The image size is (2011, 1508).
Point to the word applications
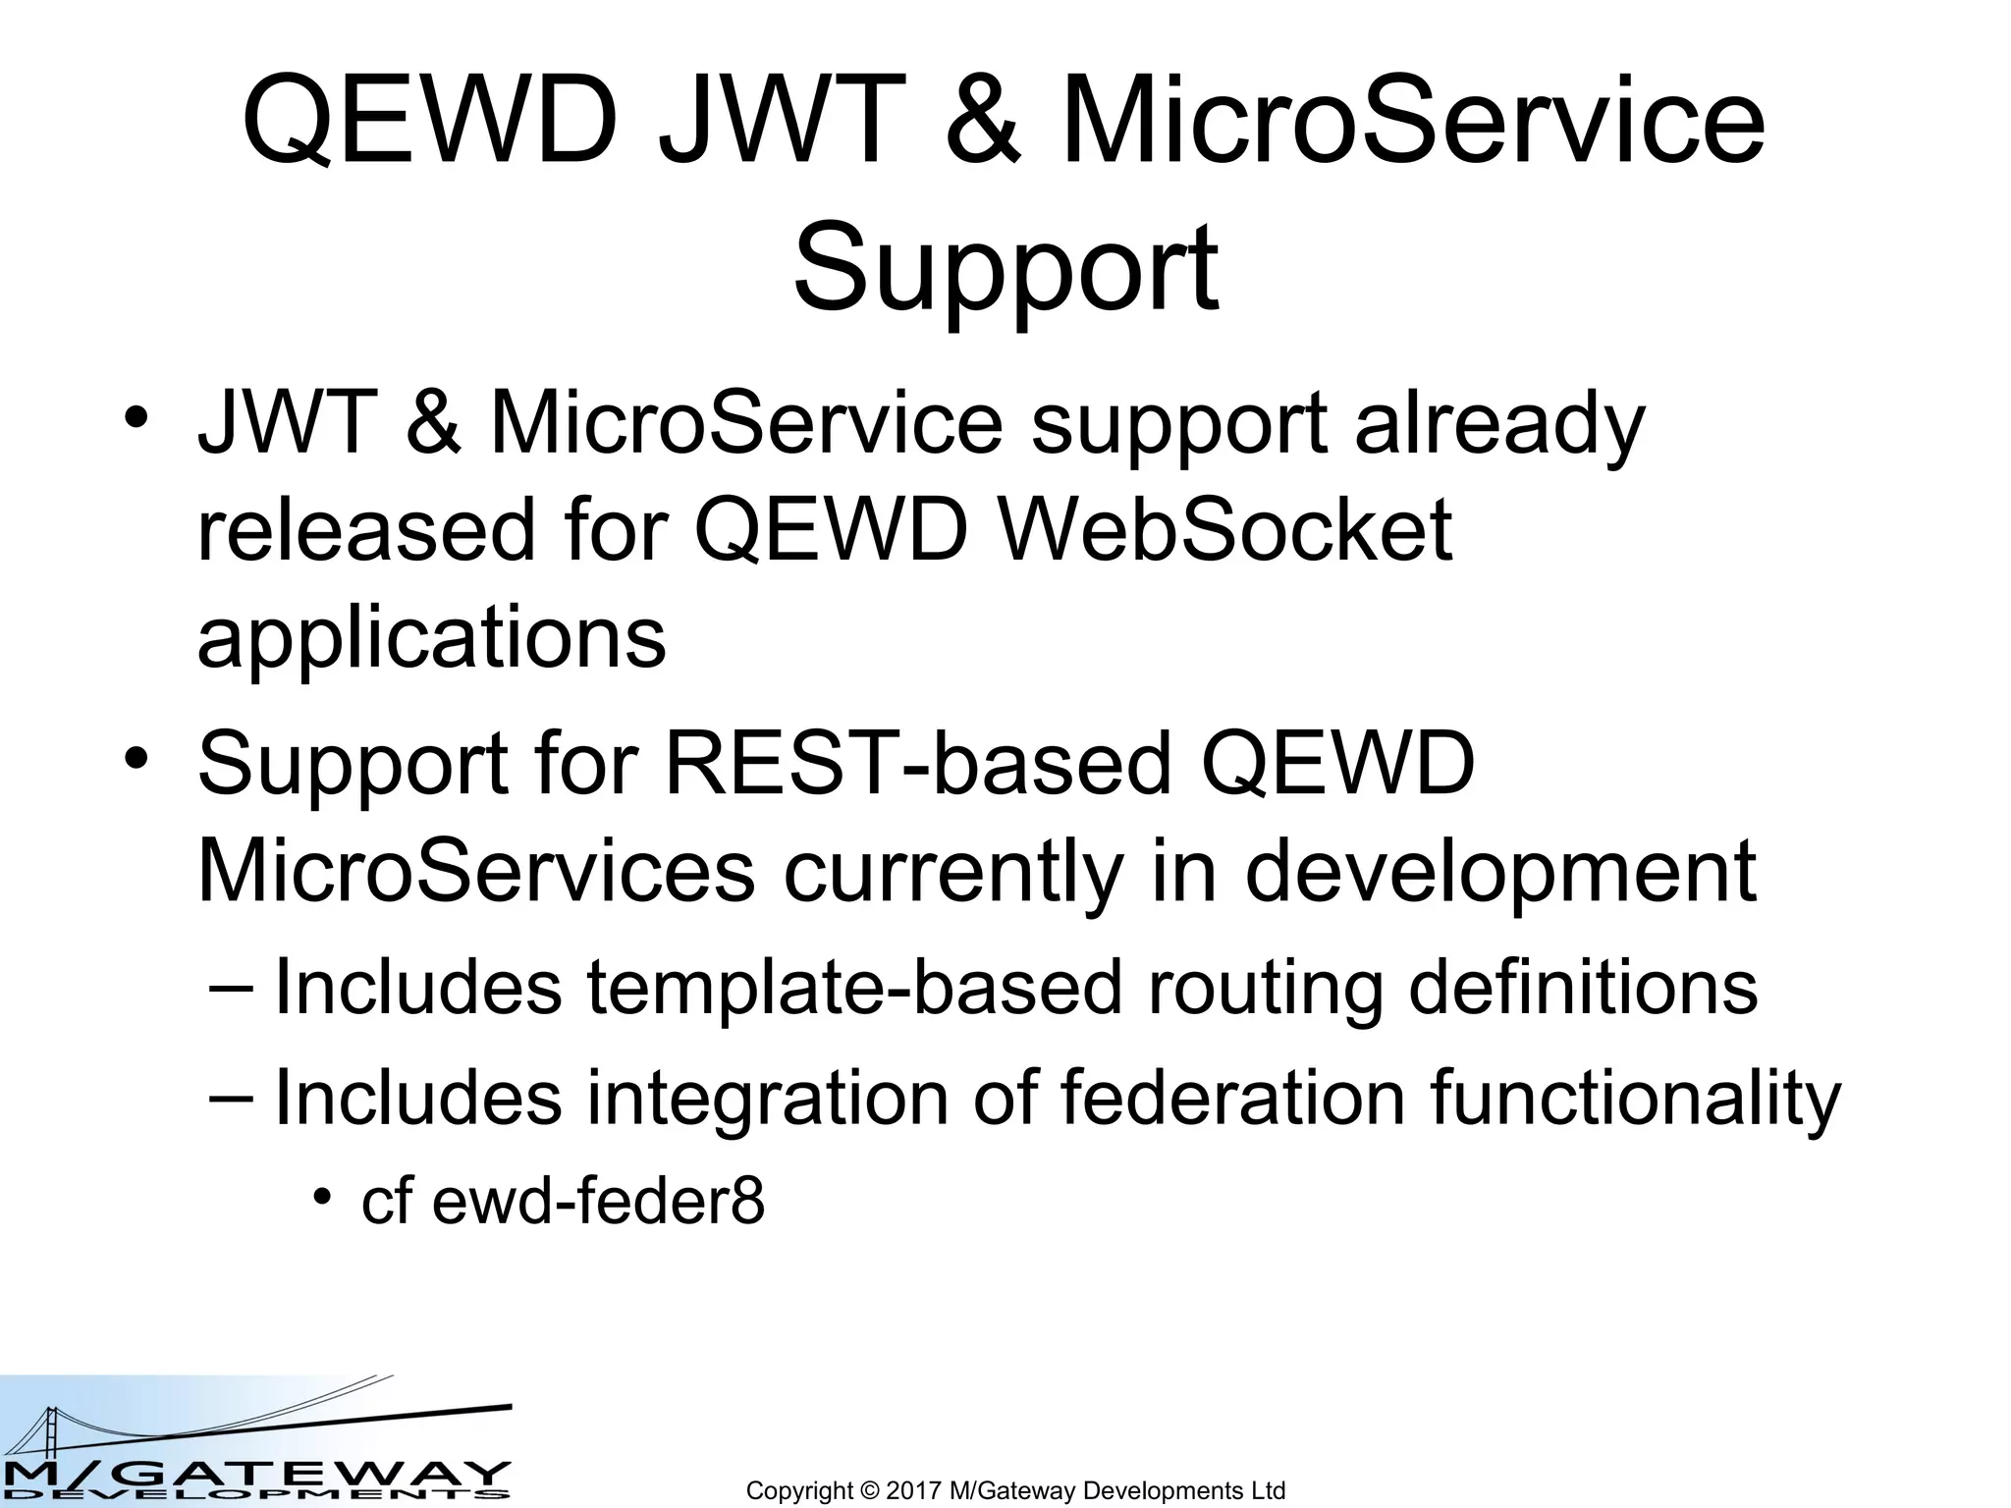coord(431,637)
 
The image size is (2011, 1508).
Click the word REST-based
coord(919,764)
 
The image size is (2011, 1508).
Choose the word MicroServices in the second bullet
coord(476,872)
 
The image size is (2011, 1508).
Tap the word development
coord(1500,872)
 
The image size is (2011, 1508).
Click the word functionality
coord(1635,1098)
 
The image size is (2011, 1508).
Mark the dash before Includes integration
coord(232,1098)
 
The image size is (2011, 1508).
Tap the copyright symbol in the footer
coord(870,1490)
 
